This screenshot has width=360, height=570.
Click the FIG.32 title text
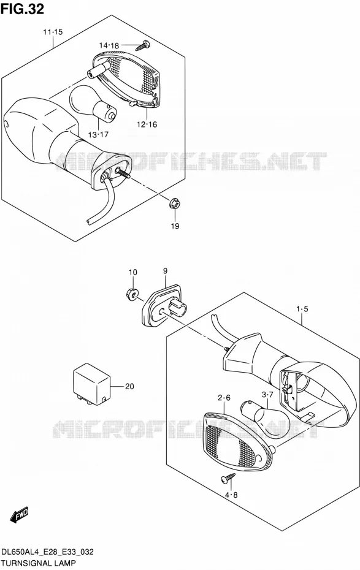click(x=22, y=9)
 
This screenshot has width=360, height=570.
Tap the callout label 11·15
click(x=53, y=32)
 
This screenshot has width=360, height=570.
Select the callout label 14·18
click(x=109, y=45)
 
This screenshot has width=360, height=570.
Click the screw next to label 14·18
click(x=143, y=45)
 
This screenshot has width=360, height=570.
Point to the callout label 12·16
click(x=147, y=124)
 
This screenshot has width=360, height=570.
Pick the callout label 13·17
click(x=98, y=135)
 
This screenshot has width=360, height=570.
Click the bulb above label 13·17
click(x=93, y=103)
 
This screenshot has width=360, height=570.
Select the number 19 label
click(x=175, y=226)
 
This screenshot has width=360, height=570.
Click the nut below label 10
click(x=132, y=294)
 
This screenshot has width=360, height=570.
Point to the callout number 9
click(x=165, y=271)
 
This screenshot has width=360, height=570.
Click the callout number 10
click(x=133, y=272)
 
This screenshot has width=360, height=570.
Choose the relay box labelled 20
click(x=91, y=384)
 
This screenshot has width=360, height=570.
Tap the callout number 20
click(x=129, y=386)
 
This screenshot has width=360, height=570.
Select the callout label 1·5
click(x=302, y=310)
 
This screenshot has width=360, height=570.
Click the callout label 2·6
click(x=224, y=398)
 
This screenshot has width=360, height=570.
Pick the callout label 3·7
click(x=267, y=395)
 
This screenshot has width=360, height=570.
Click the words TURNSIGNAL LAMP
click(x=39, y=563)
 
